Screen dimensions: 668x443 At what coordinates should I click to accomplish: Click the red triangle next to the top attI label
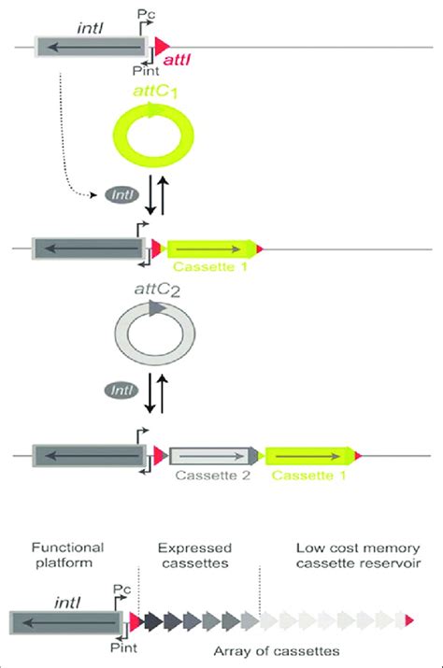click(161, 44)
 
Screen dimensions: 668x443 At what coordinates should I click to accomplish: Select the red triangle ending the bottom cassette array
click(409, 620)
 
